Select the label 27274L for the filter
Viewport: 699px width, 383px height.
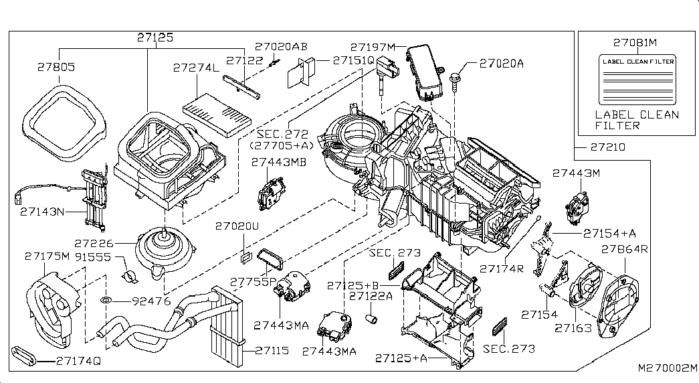tap(196, 68)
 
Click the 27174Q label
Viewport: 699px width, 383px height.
tap(78, 360)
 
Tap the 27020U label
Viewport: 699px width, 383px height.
tap(236, 226)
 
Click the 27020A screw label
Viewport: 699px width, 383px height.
tap(501, 64)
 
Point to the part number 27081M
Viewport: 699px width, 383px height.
tap(635, 42)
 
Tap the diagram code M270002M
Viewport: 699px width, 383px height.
tap(666, 368)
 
